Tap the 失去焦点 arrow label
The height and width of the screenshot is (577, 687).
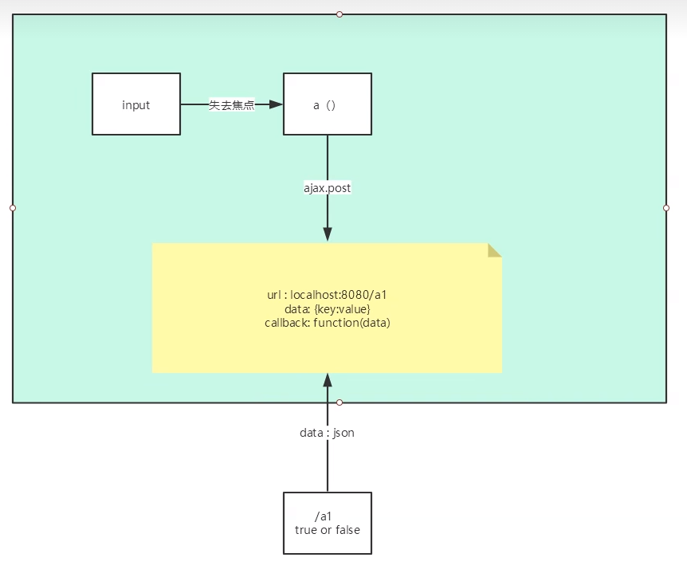pyautogui.click(x=231, y=104)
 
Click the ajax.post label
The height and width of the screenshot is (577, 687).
pyautogui.click(x=327, y=188)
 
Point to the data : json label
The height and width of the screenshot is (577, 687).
pyautogui.click(x=327, y=433)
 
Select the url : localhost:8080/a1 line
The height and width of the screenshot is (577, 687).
pyautogui.click(x=327, y=295)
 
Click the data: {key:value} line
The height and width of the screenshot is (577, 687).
pyautogui.click(x=327, y=308)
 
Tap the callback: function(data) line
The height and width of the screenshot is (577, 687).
pyautogui.click(x=327, y=323)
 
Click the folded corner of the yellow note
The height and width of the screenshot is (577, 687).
pyautogui.click(x=494, y=249)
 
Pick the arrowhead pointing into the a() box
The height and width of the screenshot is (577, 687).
pyautogui.click(x=276, y=104)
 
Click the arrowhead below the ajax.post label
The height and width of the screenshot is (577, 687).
pyautogui.click(x=327, y=234)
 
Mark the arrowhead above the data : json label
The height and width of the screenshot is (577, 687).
pyautogui.click(x=327, y=381)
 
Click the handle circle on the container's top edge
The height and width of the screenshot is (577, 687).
pyautogui.click(x=340, y=14)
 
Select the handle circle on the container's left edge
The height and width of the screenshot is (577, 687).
pyautogui.click(x=13, y=208)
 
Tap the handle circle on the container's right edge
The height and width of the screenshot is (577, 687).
pyautogui.click(x=666, y=208)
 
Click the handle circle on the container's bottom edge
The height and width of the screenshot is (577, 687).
pyautogui.click(x=340, y=402)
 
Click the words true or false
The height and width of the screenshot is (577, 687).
pyautogui.click(x=327, y=529)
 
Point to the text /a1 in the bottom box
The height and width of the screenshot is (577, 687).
pyautogui.click(x=323, y=516)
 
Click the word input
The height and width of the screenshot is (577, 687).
pyautogui.click(x=136, y=105)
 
